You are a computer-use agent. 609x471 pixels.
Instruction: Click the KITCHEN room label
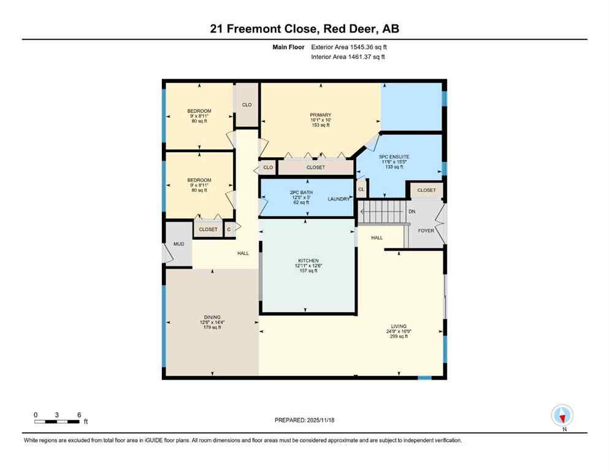pos(308,261)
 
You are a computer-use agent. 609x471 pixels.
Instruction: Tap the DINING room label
pos(213,317)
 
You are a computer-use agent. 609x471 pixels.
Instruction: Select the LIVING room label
pos(399,326)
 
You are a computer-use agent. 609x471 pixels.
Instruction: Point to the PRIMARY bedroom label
pos(320,115)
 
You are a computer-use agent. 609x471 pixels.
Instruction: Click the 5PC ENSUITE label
pos(395,157)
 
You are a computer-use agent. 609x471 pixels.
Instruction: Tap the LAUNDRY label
pos(339,199)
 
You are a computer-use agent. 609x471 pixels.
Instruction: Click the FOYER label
pos(426,231)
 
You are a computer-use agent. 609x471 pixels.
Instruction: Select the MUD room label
pos(178,244)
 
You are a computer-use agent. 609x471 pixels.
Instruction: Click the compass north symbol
pos(562,416)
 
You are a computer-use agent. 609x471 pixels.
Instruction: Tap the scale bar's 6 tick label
pos(79,415)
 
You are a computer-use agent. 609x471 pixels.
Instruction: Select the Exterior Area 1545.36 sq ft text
pos(349,47)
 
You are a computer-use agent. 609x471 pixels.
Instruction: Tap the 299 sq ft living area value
pos(399,336)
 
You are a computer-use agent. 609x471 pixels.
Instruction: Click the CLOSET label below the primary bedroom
pos(316,167)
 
